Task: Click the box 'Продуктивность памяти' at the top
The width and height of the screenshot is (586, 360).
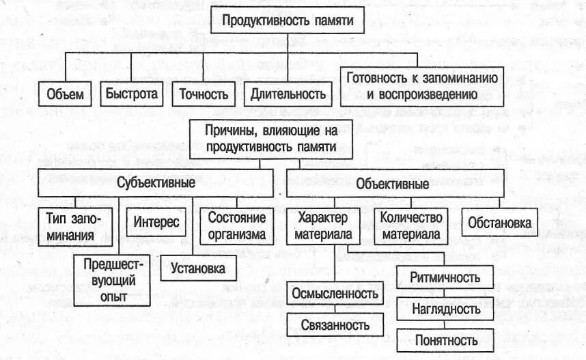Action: click(288, 21)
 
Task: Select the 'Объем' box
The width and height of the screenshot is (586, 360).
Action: click(66, 94)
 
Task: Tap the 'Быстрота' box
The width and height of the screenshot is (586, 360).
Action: click(131, 93)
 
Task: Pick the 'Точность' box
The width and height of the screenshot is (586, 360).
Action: click(199, 94)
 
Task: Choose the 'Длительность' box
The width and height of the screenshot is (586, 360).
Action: click(288, 94)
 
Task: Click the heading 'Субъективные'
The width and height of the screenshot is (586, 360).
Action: click(156, 184)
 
